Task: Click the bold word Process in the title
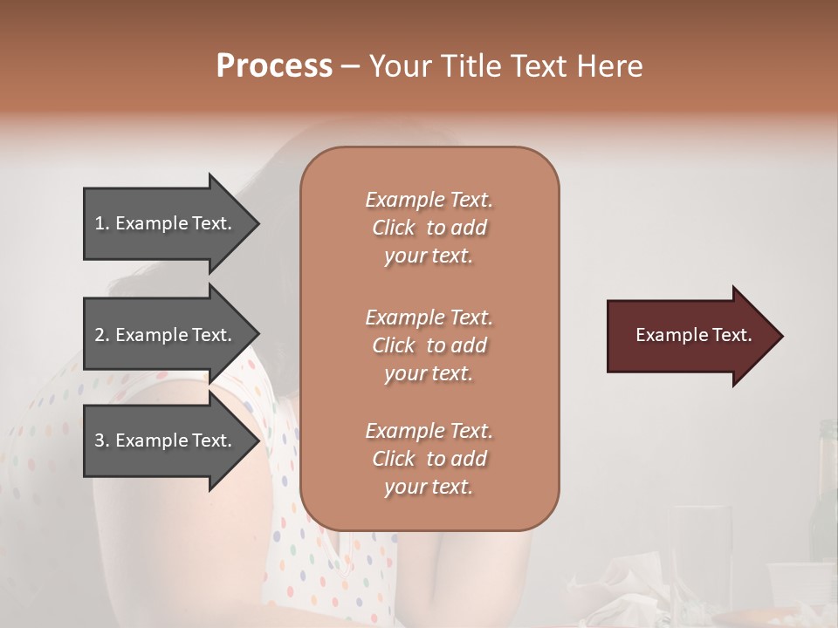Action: click(274, 66)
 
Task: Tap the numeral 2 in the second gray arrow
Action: click(100, 335)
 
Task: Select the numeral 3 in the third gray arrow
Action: click(100, 440)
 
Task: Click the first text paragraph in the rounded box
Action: click(429, 228)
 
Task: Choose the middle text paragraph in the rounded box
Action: click(429, 345)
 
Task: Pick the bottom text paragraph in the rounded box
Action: click(429, 459)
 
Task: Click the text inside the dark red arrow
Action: click(694, 335)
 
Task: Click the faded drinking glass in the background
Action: click(698, 549)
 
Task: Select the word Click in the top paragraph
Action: click(394, 229)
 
